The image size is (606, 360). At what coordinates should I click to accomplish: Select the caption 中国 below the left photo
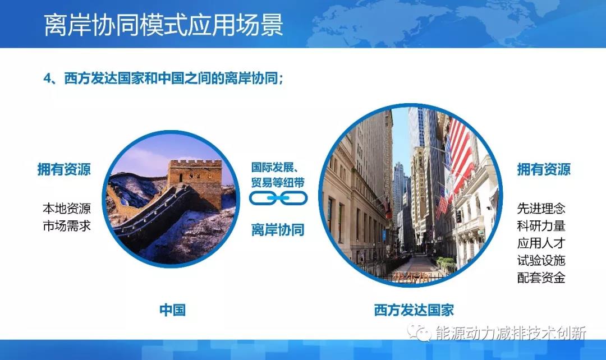(x=172, y=310)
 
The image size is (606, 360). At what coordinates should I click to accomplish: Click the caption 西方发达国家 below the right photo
(x=414, y=310)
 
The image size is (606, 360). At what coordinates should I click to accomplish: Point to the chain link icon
(x=278, y=197)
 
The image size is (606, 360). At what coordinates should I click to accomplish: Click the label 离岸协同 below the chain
(x=278, y=229)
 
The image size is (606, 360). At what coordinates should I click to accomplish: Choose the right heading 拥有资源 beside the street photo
(x=544, y=169)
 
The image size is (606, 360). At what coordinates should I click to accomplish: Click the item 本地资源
(x=67, y=209)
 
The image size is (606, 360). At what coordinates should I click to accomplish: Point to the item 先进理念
(x=541, y=209)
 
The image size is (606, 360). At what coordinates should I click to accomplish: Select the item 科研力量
(x=541, y=226)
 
